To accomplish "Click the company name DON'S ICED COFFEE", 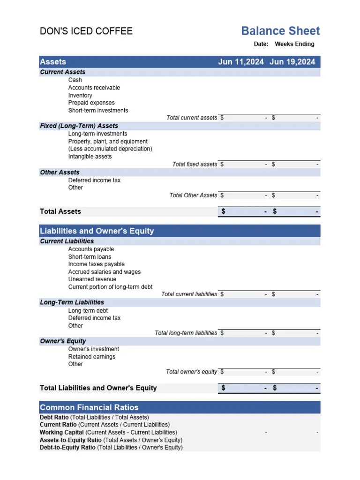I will click(86, 31).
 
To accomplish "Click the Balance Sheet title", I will click(280, 31).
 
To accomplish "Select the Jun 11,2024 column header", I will click(241, 62).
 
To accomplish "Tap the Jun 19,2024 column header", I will click(292, 62).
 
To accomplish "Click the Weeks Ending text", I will click(294, 44).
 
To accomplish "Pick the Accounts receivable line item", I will click(94, 88).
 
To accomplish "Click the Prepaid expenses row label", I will click(91, 103).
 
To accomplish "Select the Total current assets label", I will click(192, 118).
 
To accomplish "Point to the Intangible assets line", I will click(90, 157).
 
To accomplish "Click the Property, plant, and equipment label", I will click(108, 142).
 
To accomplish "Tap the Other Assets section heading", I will click(60, 172).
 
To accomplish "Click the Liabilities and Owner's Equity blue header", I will click(97, 231).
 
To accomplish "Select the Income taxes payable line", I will click(97, 264).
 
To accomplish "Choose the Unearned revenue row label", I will click(92, 279).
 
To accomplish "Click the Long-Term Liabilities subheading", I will click(72, 302).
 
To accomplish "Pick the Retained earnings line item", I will click(92, 357).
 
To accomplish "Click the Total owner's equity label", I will click(191, 372).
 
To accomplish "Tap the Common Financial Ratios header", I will click(89, 407).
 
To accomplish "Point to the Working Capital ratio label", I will click(108, 432).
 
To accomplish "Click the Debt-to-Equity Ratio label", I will click(111, 447).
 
